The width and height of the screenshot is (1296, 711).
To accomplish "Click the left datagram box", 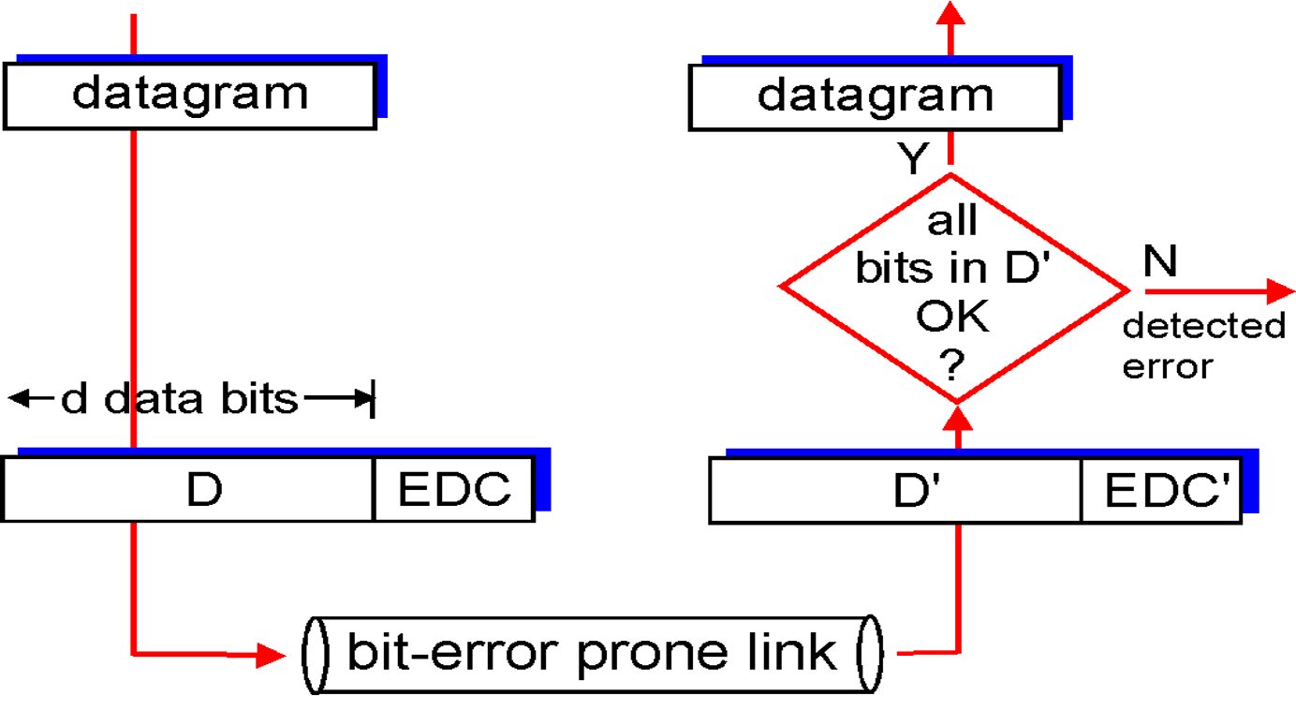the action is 190,96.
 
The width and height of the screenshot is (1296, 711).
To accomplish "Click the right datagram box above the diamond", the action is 876,97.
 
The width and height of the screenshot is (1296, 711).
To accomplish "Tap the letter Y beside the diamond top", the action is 913,158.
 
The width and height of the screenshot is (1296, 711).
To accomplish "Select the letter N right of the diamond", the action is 1160,260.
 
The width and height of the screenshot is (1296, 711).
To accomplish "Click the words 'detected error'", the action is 1203,346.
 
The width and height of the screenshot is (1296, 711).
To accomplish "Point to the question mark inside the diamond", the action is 952,364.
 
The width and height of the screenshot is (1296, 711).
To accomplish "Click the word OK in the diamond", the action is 952,316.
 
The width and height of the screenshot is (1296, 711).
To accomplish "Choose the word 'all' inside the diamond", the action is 952,220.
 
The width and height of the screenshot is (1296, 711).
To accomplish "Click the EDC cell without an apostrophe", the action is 454,489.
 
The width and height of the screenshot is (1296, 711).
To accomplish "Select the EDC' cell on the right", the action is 1161,491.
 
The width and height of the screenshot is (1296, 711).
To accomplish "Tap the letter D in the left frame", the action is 204,490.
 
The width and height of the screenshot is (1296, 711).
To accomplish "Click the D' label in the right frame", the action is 917,491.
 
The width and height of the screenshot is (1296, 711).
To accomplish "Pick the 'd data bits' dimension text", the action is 180,399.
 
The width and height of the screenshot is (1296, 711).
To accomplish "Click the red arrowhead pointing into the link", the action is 271,656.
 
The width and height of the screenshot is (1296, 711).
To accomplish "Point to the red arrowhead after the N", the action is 1280,291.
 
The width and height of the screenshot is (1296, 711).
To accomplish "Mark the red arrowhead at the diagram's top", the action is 950,13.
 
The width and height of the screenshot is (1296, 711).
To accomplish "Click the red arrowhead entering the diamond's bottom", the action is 958,418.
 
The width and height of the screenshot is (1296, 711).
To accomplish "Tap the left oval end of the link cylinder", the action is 316,655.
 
